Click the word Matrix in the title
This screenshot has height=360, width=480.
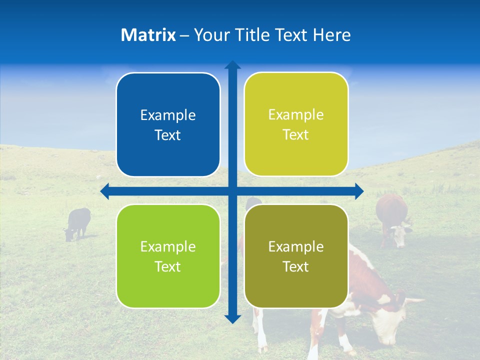(x=148, y=35)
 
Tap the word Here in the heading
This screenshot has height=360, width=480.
(x=331, y=35)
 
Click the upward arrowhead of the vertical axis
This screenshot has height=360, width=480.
(x=232, y=65)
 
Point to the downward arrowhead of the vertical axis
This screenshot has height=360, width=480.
(x=232, y=318)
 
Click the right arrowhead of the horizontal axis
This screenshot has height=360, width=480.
(x=359, y=191)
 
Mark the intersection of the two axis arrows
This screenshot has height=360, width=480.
(x=232, y=191)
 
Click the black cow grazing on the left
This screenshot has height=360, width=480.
(x=78, y=222)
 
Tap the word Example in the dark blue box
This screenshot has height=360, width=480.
(x=168, y=115)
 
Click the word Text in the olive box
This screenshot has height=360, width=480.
(x=296, y=266)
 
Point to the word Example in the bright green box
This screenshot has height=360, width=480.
(x=168, y=246)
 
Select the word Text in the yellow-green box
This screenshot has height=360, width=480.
(x=296, y=135)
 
